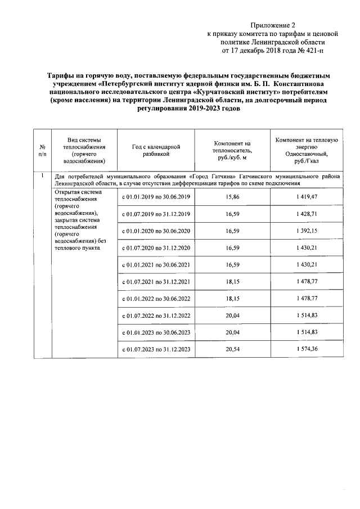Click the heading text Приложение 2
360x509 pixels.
272,25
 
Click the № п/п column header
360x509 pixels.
42,150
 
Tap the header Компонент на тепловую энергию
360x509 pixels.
306,150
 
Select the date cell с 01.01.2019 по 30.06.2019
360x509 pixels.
156,196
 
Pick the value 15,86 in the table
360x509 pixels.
232,196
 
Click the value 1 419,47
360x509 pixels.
306,196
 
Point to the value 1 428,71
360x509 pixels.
306,214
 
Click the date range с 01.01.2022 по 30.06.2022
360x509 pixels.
156,299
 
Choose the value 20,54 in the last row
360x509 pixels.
232,349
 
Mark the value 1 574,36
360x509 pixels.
306,349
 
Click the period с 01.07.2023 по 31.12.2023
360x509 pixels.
156,349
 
